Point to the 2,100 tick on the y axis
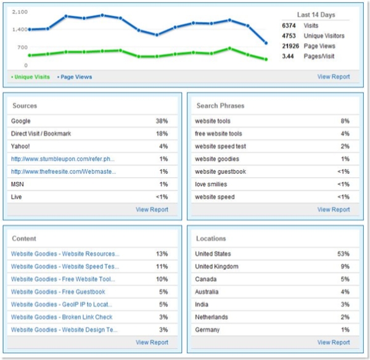pyautogui.click(x=20, y=12)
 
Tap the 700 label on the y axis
pyautogui.click(x=22, y=47)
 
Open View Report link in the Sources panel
pyautogui.click(x=152, y=210)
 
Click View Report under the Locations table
pyautogui.click(x=333, y=342)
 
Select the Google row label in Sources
pyautogui.click(x=20, y=121)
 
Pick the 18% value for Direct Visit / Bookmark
pyautogui.click(x=162, y=134)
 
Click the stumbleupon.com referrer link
pyautogui.click(x=63, y=159)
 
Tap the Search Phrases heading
pyautogui.click(x=220, y=105)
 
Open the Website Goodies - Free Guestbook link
pyautogui.click(x=58, y=292)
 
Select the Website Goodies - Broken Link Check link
pyautogui.click(x=62, y=317)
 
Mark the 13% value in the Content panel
pyautogui.click(x=162, y=254)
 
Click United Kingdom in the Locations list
pyautogui.click(x=216, y=266)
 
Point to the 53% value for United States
pyautogui.click(x=343, y=254)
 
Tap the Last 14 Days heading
pyautogui.click(x=316, y=15)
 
